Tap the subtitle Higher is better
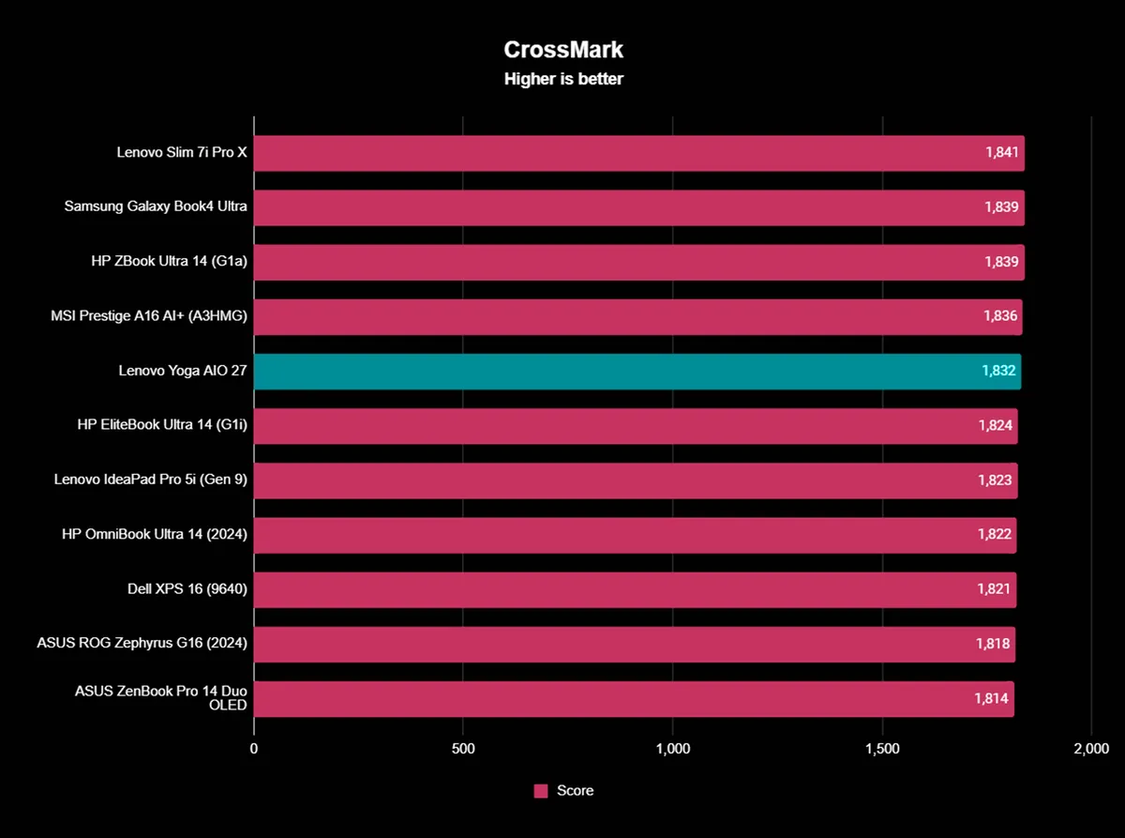tap(563, 79)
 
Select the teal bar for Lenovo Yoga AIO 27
tap(609, 372)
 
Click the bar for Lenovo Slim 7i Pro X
tap(609, 153)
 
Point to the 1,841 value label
tap(1001, 153)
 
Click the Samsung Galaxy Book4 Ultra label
tap(156, 206)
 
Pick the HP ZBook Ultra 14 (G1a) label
tap(169, 262)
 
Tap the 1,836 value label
tap(1000, 316)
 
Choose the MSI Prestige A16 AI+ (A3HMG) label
tap(149, 316)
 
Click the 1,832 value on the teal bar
tap(999, 372)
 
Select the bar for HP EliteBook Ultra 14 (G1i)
tap(609, 426)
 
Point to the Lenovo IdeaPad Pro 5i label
tap(151, 480)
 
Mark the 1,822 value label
tap(995, 535)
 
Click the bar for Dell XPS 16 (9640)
tap(609, 590)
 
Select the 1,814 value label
tap(992, 699)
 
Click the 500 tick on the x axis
tap(463, 749)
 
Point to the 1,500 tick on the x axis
tap(882, 749)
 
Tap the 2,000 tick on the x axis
tap(1091, 749)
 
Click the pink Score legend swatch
tap(541, 791)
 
